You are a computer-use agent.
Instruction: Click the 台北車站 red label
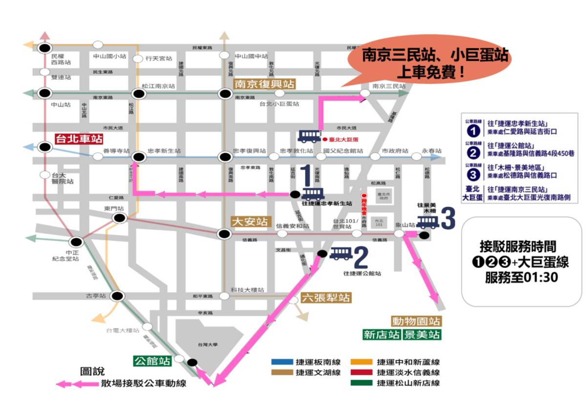(78, 139)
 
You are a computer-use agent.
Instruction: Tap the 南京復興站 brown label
(265, 83)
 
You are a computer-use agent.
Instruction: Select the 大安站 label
(251, 222)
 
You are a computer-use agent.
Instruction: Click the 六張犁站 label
(326, 297)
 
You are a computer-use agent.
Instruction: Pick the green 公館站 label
(153, 361)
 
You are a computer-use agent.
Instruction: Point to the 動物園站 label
(416, 322)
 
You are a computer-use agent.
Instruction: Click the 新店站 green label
(381, 335)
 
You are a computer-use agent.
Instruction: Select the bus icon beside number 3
(428, 222)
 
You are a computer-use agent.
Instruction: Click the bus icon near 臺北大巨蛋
(309, 135)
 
